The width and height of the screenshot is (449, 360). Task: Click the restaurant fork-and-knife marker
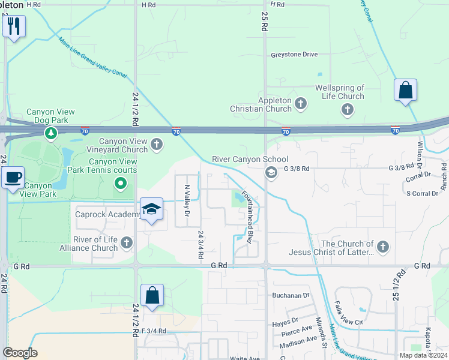click(x=14, y=26)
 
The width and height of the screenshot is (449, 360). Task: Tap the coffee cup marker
click(x=13, y=178)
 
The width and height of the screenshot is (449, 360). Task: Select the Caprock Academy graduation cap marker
click(x=151, y=209)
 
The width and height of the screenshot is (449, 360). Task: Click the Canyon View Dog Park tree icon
click(x=51, y=132)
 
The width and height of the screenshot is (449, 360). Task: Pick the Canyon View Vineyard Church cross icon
click(x=157, y=143)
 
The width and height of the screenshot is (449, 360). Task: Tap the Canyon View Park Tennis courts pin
click(x=121, y=183)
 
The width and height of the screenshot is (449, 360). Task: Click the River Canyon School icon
click(x=271, y=173)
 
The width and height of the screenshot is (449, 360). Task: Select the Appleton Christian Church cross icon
click(x=301, y=105)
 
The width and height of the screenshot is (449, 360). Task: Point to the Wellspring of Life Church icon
click(x=347, y=109)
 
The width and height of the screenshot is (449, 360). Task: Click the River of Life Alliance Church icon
click(x=126, y=242)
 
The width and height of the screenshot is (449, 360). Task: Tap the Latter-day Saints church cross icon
click(x=382, y=246)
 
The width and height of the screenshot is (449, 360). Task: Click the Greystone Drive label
click(x=294, y=55)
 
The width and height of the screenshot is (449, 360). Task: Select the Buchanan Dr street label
click(x=290, y=295)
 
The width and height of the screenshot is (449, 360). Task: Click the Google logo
click(x=20, y=353)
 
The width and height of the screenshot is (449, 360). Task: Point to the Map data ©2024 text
click(x=424, y=355)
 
